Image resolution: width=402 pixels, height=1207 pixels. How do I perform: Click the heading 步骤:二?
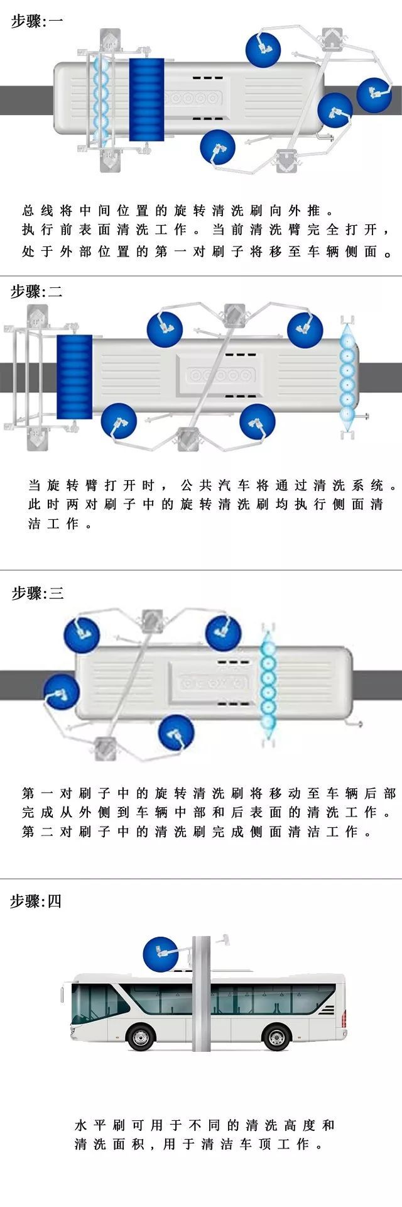36,291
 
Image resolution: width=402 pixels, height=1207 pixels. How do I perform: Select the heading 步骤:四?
36,901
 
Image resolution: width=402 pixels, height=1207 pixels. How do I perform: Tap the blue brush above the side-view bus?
161,955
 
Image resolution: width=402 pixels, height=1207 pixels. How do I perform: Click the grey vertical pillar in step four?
201,993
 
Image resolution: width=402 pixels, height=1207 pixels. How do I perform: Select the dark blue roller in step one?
146,99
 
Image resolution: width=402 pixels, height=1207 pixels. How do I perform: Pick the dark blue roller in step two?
74,377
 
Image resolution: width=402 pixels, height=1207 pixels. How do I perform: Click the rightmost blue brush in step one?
374,95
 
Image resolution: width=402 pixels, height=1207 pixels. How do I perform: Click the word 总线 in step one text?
38,210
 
